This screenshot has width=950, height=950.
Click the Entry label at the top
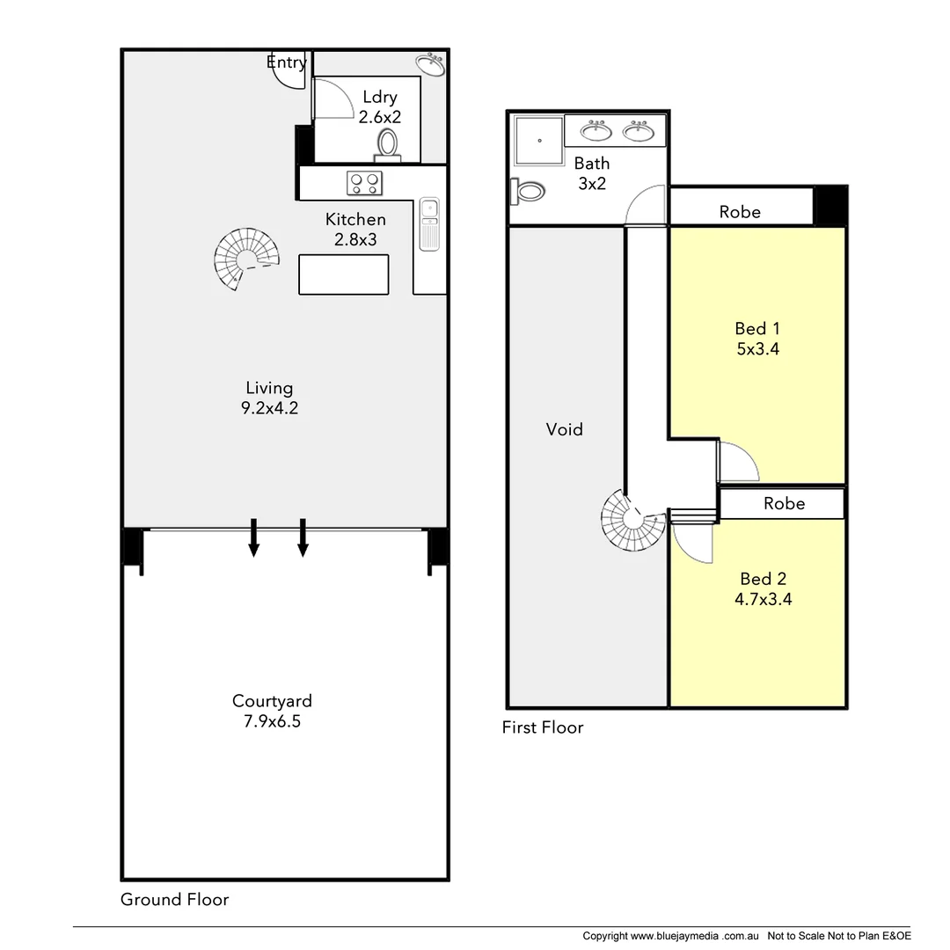point(286,62)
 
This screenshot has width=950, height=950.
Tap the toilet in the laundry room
point(387,144)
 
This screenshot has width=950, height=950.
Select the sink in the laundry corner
point(430,64)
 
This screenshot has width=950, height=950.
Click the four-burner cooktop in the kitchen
point(364,183)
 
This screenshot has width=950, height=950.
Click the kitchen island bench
point(343,274)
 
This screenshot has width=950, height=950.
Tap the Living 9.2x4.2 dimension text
point(269,398)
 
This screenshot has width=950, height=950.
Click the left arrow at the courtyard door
point(253,537)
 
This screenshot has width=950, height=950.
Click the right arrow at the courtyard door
point(303,537)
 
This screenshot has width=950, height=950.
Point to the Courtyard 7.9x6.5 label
point(272,711)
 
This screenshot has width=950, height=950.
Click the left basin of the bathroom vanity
point(597,132)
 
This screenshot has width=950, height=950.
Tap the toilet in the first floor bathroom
point(528,190)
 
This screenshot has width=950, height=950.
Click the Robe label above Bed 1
point(740,211)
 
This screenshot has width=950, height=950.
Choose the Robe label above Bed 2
point(784,503)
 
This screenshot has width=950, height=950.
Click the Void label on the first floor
point(565,429)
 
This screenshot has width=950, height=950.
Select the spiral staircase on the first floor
point(632,521)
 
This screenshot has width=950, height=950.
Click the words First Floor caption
point(542,727)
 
